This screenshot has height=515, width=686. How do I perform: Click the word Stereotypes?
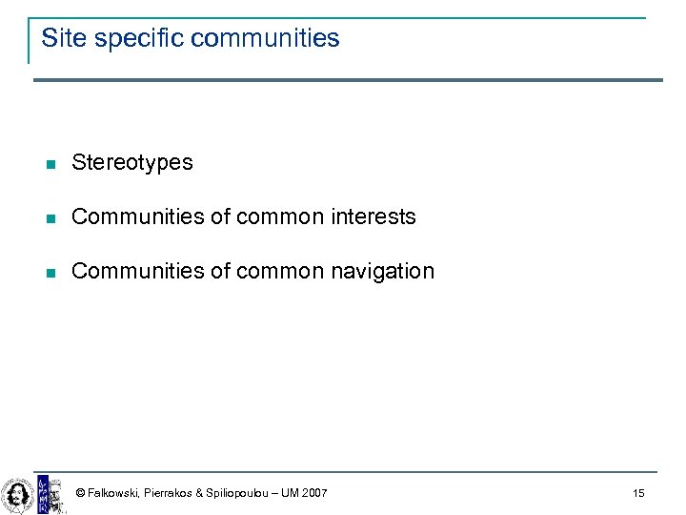tap(132, 163)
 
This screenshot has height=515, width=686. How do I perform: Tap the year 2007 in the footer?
tap(314, 493)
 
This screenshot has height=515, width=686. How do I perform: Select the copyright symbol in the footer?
tap(80, 493)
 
